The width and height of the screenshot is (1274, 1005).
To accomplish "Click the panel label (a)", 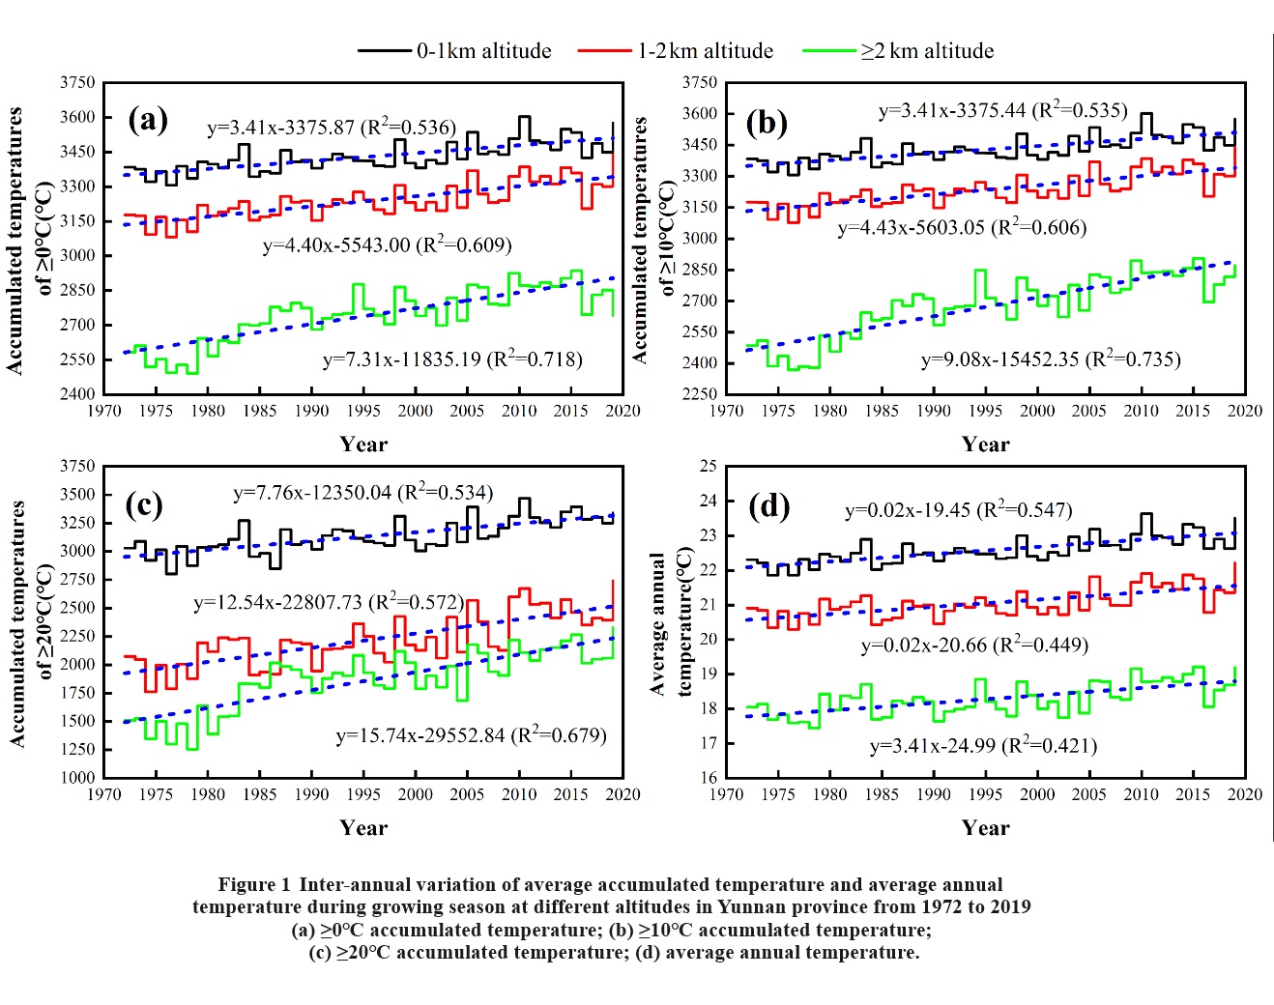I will click(148, 120).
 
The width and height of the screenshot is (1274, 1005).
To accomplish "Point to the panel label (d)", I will click(768, 505).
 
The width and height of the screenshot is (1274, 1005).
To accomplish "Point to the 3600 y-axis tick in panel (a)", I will click(77, 117).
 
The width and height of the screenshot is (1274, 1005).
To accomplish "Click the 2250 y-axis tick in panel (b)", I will click(700, 393).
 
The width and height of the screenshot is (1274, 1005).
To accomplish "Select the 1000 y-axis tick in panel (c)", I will click(77, 777).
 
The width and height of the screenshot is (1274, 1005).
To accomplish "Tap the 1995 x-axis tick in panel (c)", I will click(363, 794).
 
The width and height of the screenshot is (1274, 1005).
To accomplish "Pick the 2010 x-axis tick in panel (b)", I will click(1141, 411).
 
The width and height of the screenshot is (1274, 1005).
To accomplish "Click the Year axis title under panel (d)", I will click(985, 828).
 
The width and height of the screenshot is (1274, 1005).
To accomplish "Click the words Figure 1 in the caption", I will click(253, 884).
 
